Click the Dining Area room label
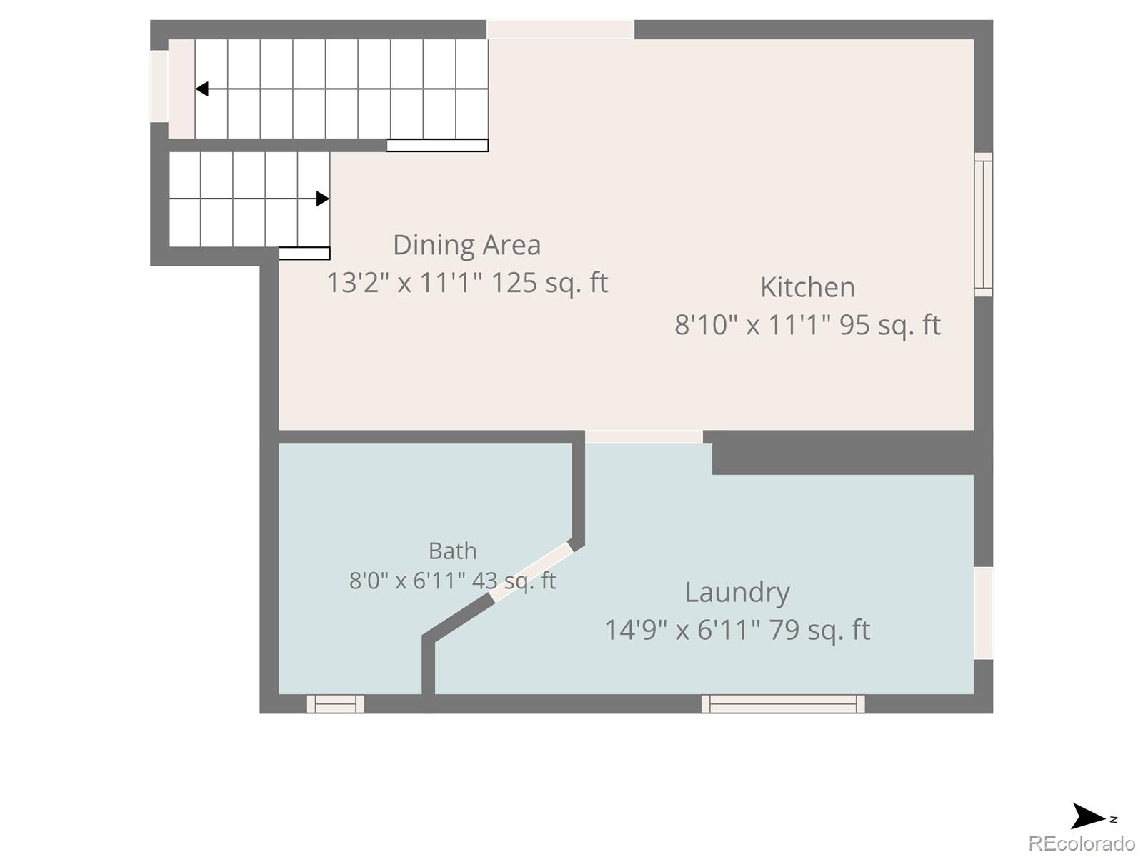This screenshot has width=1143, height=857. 466,245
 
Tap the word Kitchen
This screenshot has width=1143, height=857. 807,287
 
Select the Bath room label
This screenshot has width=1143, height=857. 452,551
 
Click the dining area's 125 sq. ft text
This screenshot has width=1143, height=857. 549,283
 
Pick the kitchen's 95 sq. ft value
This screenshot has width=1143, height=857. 890,325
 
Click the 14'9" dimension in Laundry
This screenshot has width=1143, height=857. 637,630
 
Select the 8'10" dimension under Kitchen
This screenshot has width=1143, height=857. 706,325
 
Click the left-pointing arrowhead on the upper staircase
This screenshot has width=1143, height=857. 202,89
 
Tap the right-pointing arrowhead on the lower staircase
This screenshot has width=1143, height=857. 323,199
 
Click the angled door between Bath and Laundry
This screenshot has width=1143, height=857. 531,572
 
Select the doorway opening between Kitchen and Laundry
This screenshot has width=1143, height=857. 644,437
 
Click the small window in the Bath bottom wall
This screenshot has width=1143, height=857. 335,704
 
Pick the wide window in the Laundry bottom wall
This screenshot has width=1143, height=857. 783,704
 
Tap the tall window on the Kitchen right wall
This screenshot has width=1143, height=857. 984,225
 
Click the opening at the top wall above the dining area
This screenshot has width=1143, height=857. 560,29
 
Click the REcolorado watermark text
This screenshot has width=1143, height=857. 1082,843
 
